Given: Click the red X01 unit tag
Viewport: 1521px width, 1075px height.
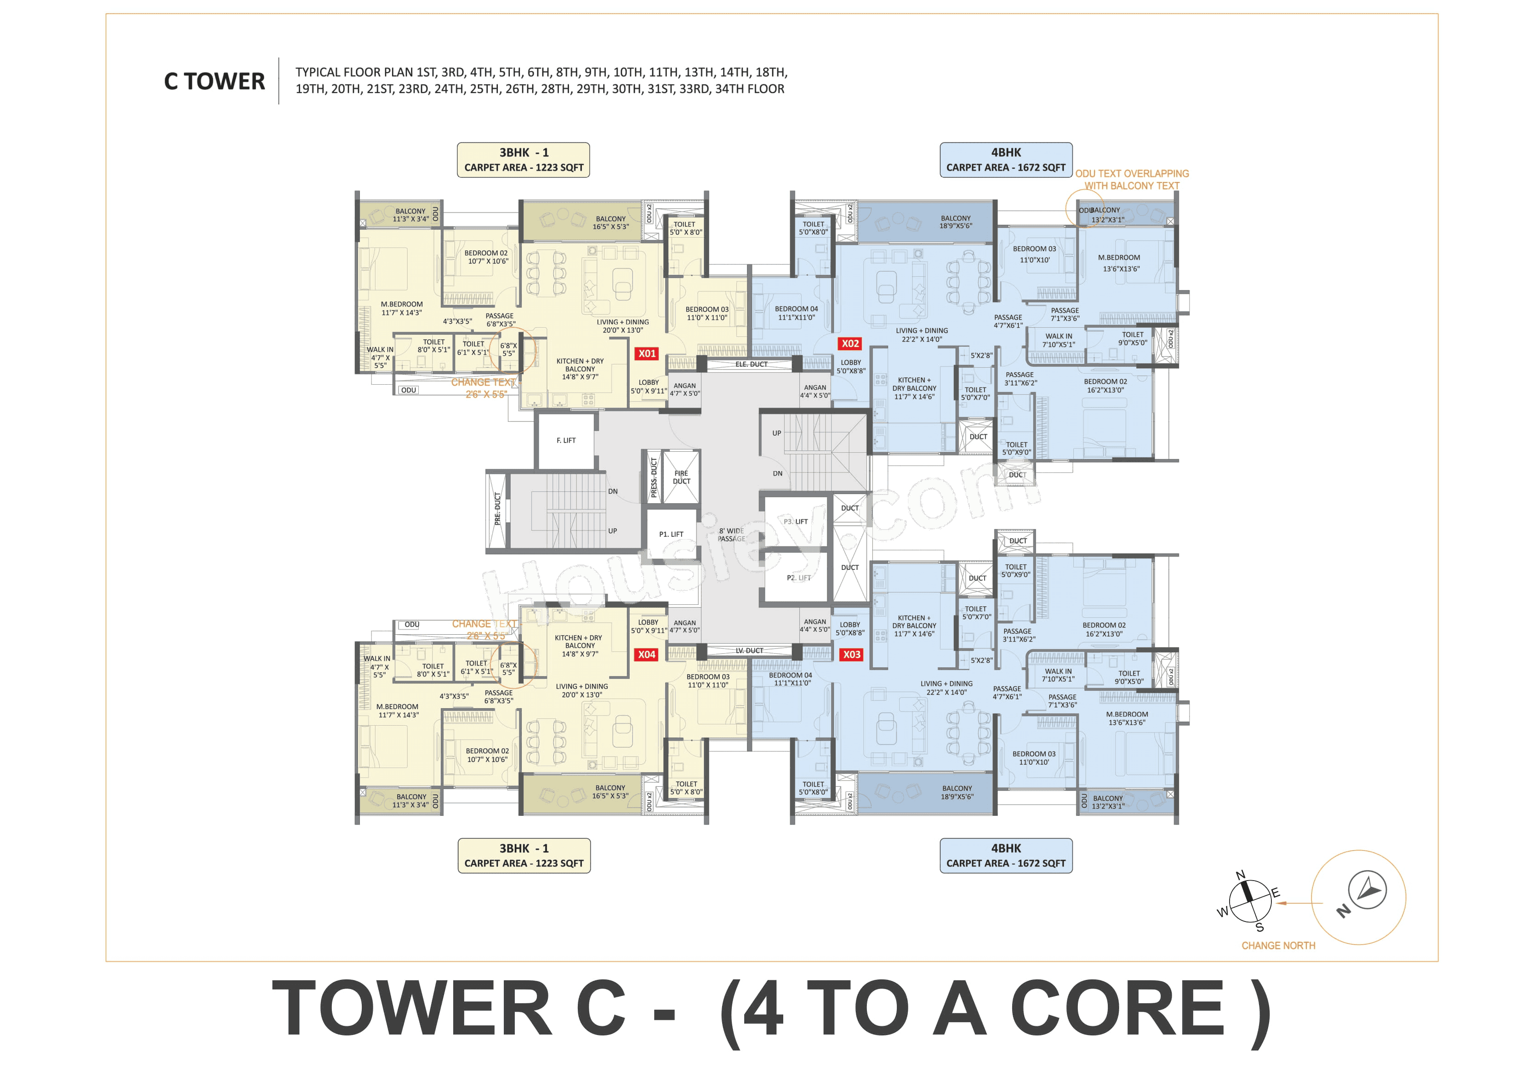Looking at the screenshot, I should click(647, 354).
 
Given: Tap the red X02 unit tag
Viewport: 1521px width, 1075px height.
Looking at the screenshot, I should click(850, 344).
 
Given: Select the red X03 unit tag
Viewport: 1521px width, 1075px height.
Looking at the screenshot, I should click(851, 654).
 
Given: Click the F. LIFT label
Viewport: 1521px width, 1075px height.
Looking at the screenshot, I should click(566, 440).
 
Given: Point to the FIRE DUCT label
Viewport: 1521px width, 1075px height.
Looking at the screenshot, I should click(681, 478).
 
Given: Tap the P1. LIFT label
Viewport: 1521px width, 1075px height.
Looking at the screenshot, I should click(671, 535).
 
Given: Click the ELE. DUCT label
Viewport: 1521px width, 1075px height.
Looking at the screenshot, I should click(751, 364).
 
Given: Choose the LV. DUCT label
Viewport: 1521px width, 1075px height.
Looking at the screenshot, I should click(749, 650).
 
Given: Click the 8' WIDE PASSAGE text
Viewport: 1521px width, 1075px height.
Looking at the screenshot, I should click(731, 535).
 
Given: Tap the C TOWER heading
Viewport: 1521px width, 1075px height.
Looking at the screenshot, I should click(214, 81).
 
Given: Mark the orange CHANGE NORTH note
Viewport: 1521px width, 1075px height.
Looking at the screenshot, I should click(1278, 946).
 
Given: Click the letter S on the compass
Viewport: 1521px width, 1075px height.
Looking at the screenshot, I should click(1259, 927).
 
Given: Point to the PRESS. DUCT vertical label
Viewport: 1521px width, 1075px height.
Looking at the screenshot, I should click(654, 478).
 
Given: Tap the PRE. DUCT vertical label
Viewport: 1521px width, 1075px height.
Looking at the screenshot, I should click(497, 509).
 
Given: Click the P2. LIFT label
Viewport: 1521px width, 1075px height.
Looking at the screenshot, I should click(798, 578).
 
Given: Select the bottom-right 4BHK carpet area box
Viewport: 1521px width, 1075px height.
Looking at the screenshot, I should click(1006, 856).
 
